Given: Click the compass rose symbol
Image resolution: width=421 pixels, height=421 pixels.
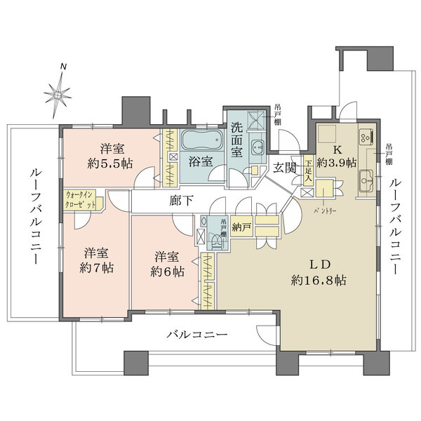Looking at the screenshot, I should click(x=59, y=91).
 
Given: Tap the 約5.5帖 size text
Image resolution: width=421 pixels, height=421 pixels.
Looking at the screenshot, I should click(x=115, y=163).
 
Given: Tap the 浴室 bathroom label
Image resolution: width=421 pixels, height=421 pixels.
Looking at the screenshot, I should click(x=199, y=161).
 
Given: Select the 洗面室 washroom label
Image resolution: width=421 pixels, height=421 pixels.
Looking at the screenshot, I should click(x=236, y=141).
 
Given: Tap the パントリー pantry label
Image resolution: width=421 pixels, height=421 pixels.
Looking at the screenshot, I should click(x=325, y=210).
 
